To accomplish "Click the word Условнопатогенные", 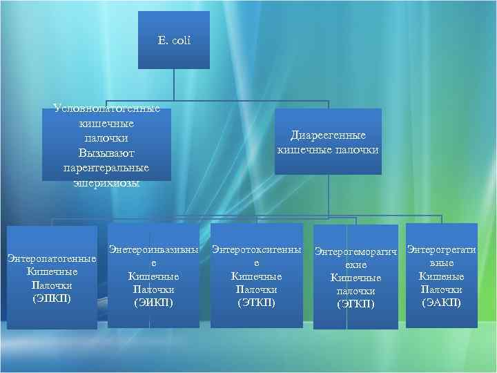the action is tap(107, 109).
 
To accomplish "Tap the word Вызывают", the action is tap(107, 152).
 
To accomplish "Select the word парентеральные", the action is tap(107, 167).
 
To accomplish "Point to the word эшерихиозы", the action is tap(107, 183).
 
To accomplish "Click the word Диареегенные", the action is tap(328, 135).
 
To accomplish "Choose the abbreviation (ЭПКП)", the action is tap(52, 298).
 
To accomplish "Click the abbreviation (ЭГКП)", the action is tap(355, 304).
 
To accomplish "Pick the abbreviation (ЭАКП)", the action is tap(441, 302).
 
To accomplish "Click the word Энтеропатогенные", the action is tap(52, 259).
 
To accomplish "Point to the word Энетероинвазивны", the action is tap(153, 249).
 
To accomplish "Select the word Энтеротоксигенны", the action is tap(256, 249).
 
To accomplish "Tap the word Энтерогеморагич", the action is tap(356, 251).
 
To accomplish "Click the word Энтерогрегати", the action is tap(441, 249).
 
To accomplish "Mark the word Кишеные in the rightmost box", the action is tap(441, 276).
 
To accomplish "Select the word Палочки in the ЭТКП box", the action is tap(256, 289).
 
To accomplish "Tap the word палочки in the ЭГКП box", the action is tap(355, 291).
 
